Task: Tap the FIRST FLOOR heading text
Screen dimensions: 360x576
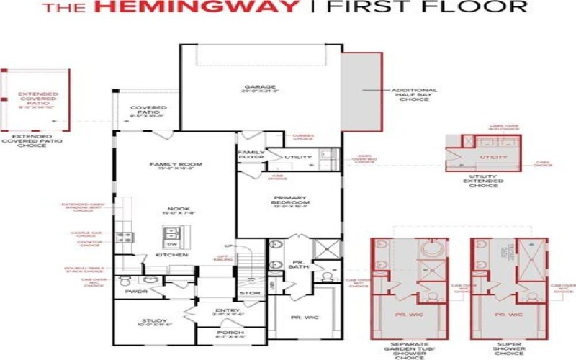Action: click(x=427, y=9)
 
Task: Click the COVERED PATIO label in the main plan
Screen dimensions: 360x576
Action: click(x=147, y=111)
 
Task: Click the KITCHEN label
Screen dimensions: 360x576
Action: click(x=172, y=255)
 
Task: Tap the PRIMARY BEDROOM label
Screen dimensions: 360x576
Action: click(x=291, y=199)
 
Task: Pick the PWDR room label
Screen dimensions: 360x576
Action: click(x=136, y=292)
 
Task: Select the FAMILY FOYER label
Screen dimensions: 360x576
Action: click(x=251, y=155)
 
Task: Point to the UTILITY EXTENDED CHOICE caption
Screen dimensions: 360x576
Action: click(x=482, y=181)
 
